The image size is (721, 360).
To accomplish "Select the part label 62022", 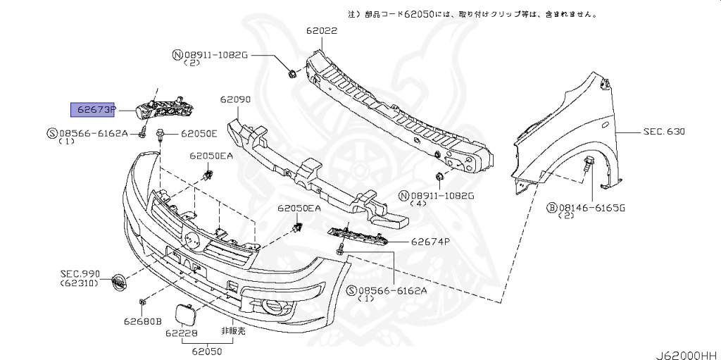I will [321, 31].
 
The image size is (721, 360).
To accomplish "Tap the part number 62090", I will [234, 100].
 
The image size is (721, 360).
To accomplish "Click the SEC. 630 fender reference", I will [663, 132].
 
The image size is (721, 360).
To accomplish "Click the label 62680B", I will [143, 322].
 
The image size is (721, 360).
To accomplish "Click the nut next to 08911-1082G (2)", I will [291, 73].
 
